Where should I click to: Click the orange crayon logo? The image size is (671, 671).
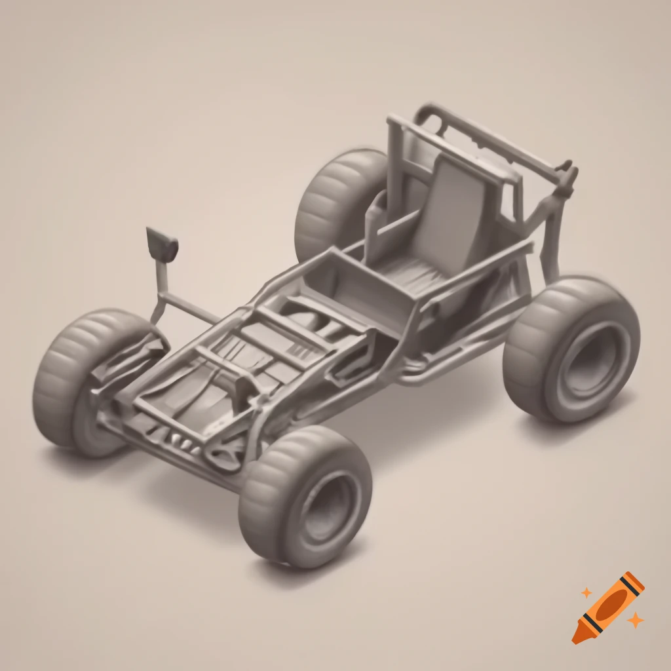click(607, 607)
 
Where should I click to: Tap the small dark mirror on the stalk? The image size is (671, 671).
click(162, 242)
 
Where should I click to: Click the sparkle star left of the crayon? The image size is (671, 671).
click(586, 593)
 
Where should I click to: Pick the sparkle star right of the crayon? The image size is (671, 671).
click(634, 619)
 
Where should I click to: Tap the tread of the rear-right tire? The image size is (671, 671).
click(531, 347)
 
